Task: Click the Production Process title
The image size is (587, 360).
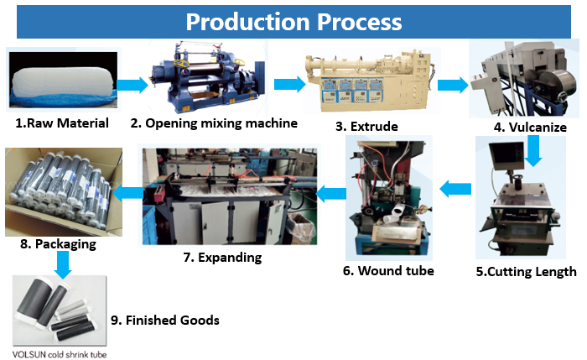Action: (293, 21)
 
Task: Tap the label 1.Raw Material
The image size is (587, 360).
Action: (62, 123)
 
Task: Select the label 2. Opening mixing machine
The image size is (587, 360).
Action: (214, 123)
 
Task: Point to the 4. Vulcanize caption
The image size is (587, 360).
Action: (531, 128)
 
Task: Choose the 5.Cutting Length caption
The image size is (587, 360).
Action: (527, 271)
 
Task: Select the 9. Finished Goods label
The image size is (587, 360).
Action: (165, 320)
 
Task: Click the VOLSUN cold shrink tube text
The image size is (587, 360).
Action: (60, 353)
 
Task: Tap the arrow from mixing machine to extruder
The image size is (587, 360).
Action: (289, 84)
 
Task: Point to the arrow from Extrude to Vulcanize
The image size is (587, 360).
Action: (452, 84)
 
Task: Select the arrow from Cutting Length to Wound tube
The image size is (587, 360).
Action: (456, 189)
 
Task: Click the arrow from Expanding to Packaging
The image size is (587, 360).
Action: (127, 194)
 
